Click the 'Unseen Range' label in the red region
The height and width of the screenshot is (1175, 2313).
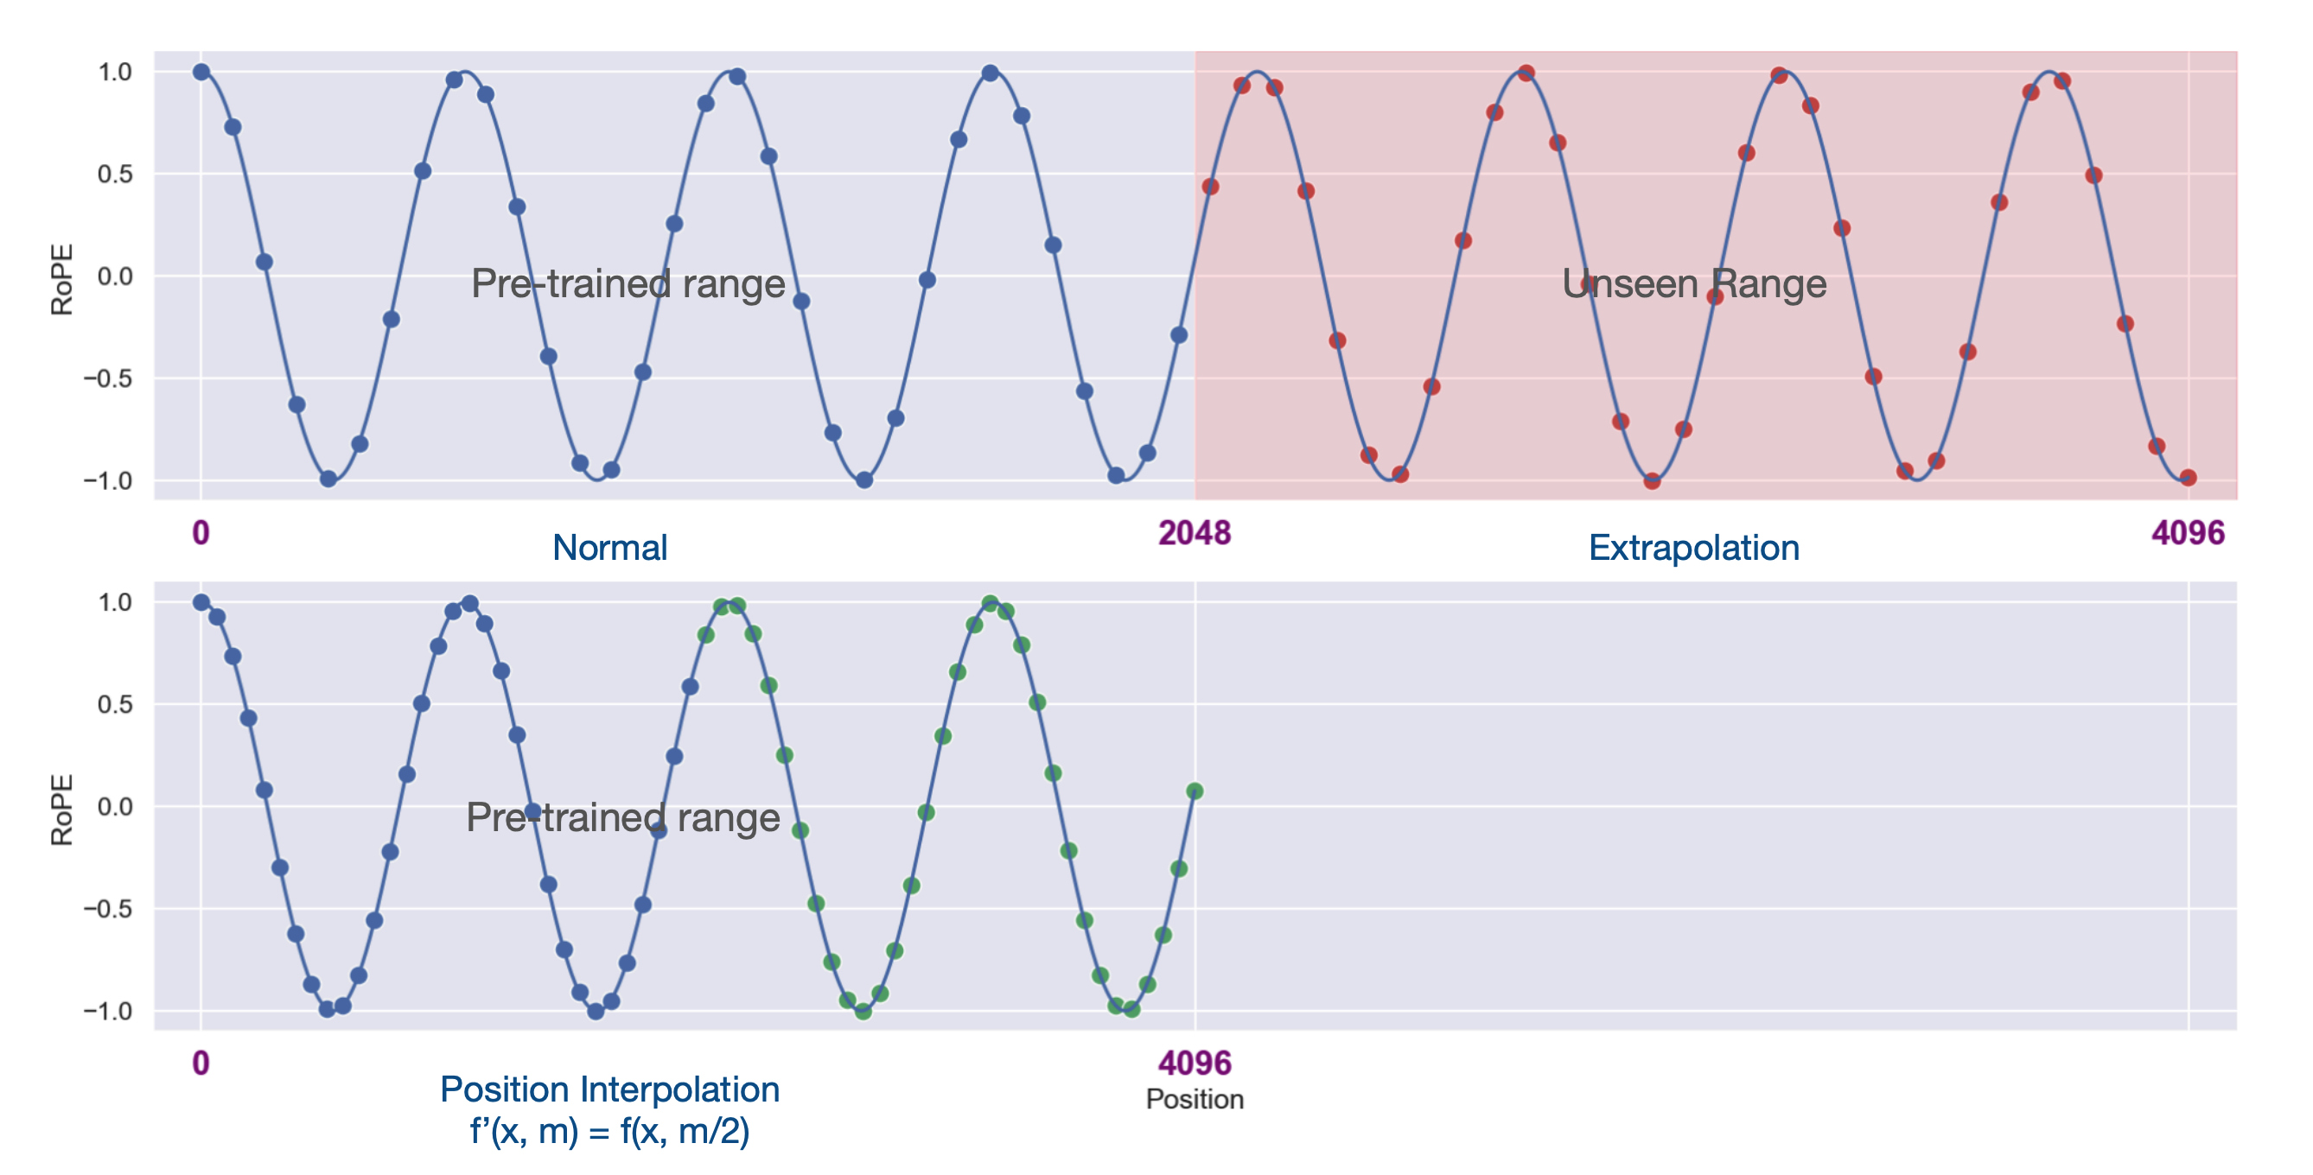(x=1693, y=283)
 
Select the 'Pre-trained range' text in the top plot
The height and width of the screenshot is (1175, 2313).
(x=628, y=283)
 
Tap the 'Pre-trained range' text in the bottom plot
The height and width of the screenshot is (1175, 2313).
(x=622, y=816)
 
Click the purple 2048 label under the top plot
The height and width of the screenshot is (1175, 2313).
(x=1195, y=533)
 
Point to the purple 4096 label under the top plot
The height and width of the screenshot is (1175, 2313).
(x=2188, y=533)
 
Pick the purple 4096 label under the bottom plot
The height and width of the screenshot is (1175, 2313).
(x=1195, y=1063)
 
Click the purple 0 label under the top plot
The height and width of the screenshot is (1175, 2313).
(x=201, y=533)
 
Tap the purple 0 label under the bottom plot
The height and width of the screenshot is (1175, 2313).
(x=201, y=1063)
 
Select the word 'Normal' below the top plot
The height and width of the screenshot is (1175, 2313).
(x=609, y=548)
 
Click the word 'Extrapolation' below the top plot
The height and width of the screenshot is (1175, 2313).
(x=1693, y=548)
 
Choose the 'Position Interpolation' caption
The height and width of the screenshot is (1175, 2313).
(x=609, y=1089)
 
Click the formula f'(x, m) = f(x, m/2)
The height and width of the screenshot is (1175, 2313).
(x=609, y=1131)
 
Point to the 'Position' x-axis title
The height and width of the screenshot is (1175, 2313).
(x=1195, y=1099)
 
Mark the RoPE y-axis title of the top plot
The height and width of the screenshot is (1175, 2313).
(x=61, y=279)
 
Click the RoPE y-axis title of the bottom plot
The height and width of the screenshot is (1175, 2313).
(x=61, y=810)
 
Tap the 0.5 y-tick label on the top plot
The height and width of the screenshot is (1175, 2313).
(x=115, y=175)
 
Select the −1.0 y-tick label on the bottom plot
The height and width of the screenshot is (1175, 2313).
(x=108, y=1011)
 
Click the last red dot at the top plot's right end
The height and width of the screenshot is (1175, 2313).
(x=2189, y=478)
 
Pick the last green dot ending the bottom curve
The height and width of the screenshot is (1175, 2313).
(x=1195, y=791)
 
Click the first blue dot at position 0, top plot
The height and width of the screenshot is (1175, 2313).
(x=201, y=72)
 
